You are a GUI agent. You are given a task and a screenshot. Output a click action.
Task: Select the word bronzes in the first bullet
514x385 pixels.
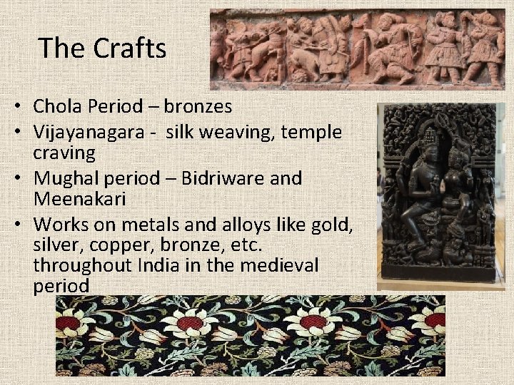coord(198,107)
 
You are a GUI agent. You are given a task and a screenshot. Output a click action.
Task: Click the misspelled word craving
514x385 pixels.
coord(64,153)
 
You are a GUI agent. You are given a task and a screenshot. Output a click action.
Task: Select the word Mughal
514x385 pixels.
coord(68,178)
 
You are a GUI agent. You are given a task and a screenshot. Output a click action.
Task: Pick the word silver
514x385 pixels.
coord(55,245)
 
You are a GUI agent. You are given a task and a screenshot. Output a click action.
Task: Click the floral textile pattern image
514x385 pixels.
coord(250,335)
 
